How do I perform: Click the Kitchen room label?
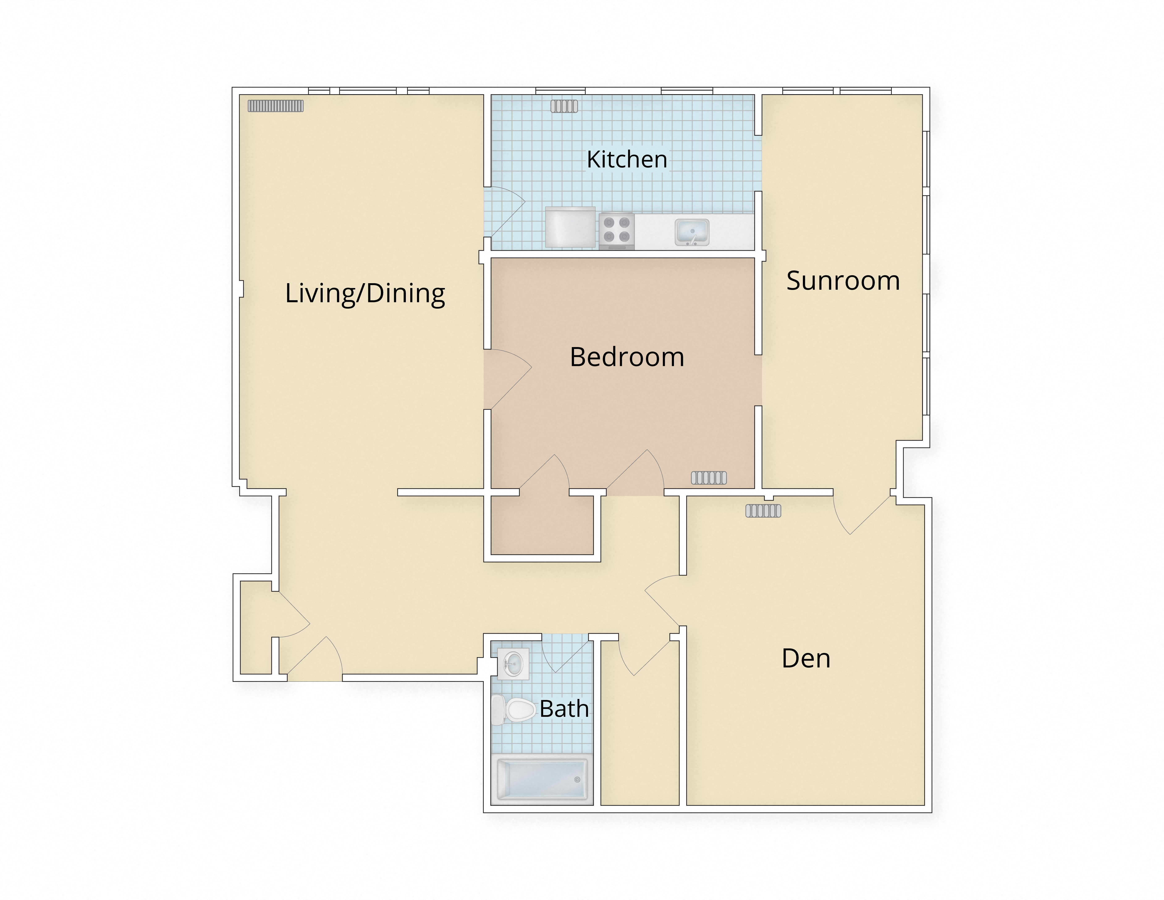(x=627, y=159)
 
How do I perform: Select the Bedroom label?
(x=627, y=357)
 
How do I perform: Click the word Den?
(x=806, y=658)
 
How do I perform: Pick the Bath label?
(x=564, y=709)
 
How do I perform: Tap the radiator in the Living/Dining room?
(x=275, y=106)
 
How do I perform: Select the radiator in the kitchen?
(x=564, y=107)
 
